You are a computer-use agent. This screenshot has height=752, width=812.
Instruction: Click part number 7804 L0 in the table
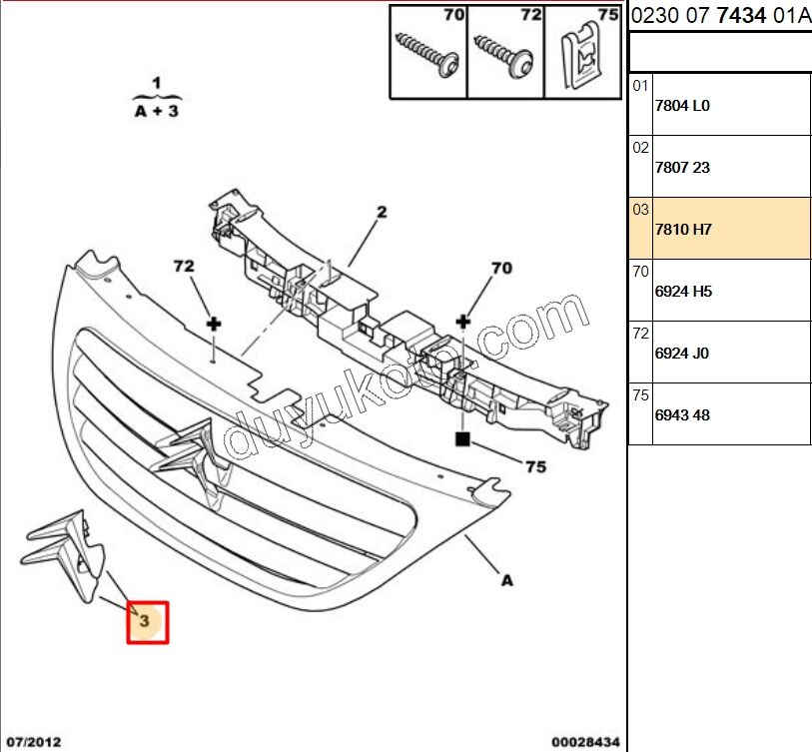click(x=682, y=105)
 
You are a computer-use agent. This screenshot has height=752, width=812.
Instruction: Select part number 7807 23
click(x=682, y=167)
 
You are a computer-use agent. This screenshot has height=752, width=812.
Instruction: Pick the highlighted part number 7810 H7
click(x=682, y=229)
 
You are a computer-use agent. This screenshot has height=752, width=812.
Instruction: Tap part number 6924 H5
click(x=682, y=292)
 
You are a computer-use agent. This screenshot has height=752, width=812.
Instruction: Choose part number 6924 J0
click(x=682, y=354)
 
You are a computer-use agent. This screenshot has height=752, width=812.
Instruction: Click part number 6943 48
click(x=682, y=415)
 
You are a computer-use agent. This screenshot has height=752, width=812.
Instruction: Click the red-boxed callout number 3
click(x=146, y=621)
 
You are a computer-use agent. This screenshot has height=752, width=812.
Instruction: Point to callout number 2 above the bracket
click(x=381, y=212)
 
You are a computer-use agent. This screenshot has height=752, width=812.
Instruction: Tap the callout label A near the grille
click(x=506, y=579)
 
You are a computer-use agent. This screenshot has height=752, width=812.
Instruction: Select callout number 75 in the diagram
click(x=535, y=465)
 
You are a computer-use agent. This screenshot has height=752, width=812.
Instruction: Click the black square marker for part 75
click(x=462, y=437)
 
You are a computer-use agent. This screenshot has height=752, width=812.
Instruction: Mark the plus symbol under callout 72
click(x=213, y=324)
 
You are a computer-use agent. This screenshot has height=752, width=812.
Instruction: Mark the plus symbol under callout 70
click(x=462, y=322)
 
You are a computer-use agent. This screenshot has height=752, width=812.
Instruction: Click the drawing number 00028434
click(x=585, y=741)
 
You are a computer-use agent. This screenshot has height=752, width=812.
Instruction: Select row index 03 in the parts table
click(x=640, y=210)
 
